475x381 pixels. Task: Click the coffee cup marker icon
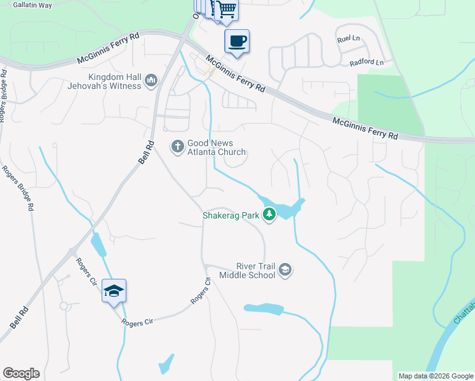click(237, 42)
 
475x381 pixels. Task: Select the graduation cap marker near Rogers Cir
click(114, 291)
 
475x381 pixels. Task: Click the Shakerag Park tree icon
click(270, 215)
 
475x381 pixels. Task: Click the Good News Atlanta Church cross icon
click(177, 147)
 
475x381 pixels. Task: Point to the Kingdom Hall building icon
click(151, 80)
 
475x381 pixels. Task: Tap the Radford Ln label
click(366, 63)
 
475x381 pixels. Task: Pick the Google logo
click(21, 373)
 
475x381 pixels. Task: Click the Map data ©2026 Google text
click(434, 376)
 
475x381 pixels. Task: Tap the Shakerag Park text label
click(231, 215)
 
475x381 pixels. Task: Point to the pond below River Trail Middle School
click(264, 309)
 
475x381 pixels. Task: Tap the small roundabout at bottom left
click(64, 306)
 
